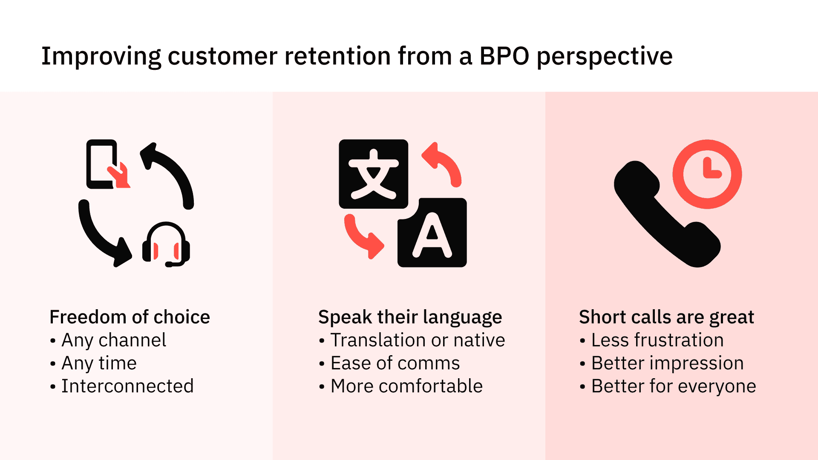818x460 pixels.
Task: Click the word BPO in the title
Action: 504,56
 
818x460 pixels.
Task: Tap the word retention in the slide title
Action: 337,56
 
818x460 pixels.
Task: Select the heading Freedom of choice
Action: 130,317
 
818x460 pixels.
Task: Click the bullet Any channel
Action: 113,340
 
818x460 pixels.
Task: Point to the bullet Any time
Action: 99,363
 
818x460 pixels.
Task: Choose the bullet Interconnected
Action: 127,386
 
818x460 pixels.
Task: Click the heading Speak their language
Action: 410,317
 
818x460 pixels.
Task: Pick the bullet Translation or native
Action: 418,340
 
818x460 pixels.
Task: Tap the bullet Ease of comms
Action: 395,363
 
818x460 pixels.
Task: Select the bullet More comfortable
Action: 406,386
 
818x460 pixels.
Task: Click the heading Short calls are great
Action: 666,317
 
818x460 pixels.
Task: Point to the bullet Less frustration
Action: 657,340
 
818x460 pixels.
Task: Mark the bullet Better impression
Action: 667,363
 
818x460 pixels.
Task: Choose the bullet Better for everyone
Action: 673,386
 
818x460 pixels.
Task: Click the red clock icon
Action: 707,174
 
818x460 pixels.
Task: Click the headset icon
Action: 166,244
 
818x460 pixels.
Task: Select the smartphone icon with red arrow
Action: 104,164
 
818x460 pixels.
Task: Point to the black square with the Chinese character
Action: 373,174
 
